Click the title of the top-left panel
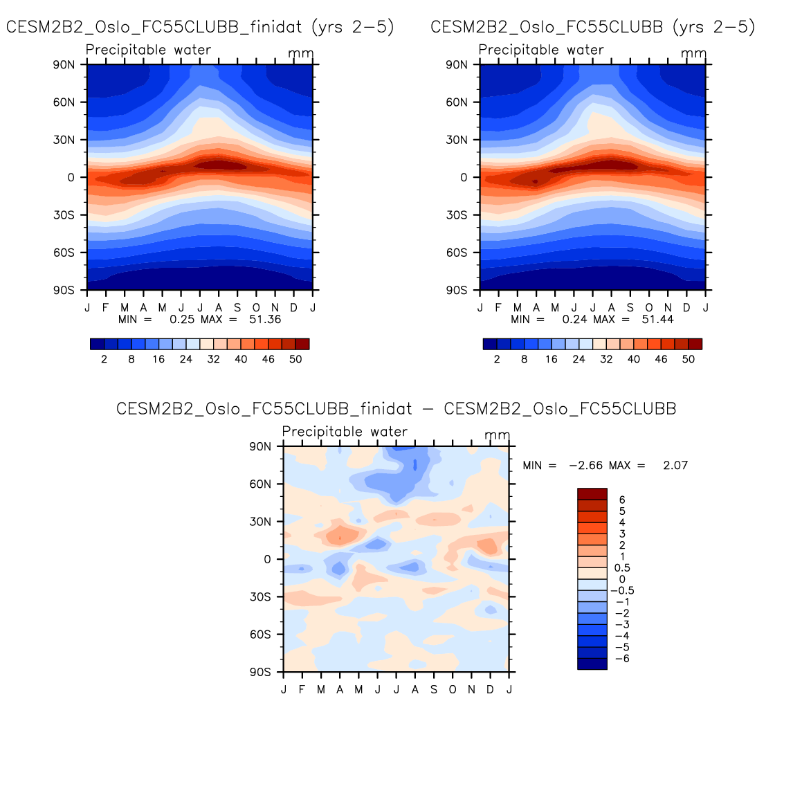coord(200,27)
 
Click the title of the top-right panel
coord(592,27)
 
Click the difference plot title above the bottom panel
coord(396,409)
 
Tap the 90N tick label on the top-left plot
coord(64,64)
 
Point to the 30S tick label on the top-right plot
coord(457,215)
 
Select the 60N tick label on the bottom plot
coord(260,484)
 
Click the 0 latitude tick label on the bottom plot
coord(267,559)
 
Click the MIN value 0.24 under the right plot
coord(574,320)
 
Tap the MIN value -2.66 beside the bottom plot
coord(585,466)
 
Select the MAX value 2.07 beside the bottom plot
coord(675,466)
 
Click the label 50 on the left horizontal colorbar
coord(295,359)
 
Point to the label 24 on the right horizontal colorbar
coord(578,359)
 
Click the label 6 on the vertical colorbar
coord(622,500)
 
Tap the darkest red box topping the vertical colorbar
coord(592,494)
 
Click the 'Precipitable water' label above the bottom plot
coord(345,432)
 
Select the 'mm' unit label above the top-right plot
coord(693,53)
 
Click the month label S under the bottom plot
coord(434,690)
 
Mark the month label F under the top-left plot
coord(106,308)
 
